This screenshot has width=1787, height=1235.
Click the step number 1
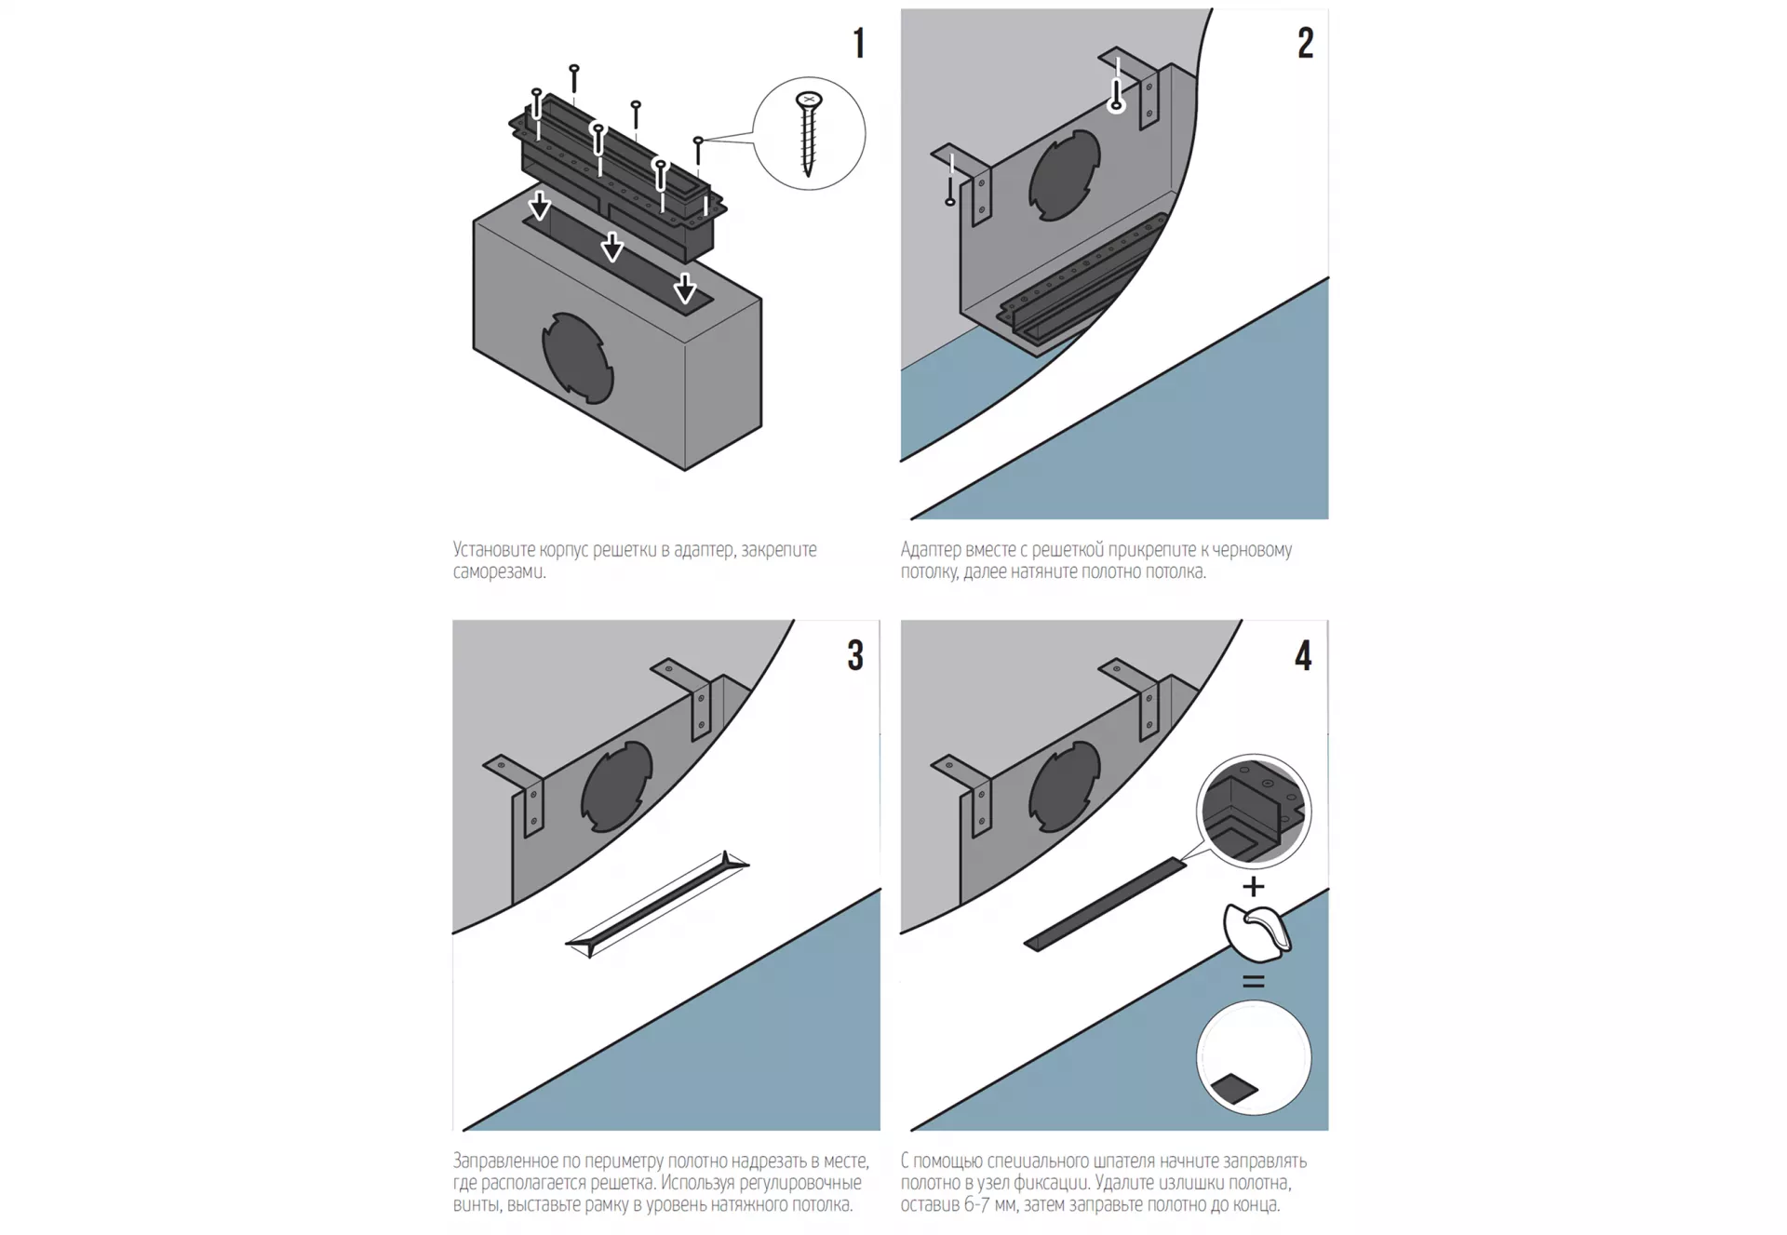coord(859,44)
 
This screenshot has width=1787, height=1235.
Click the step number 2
coord(1305,44)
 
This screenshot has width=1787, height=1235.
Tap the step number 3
coord(855,655)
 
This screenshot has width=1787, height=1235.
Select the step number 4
coord(1303,655)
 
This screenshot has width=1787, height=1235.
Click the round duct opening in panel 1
coord(577,358)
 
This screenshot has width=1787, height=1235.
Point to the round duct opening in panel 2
coord(1065,175)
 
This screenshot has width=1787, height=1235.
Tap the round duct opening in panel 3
coord(616,787)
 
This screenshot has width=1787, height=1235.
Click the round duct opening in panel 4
coord(1065,787)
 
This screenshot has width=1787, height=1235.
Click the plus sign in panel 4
coord(1254,886)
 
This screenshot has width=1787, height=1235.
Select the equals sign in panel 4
coord(1254,981)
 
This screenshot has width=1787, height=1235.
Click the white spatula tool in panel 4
coord(1256,932)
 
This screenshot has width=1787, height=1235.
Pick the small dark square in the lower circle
coord(1234,1088)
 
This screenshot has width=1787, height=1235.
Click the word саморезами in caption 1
coord(499,571)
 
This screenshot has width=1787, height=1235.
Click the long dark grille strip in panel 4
coord(1105,905)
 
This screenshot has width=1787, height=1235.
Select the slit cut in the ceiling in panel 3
coord(657,904)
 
